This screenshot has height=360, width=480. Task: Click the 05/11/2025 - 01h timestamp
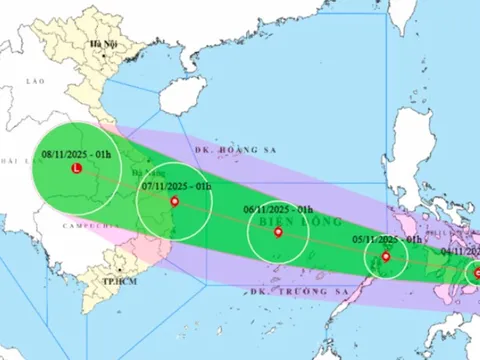[385, 240]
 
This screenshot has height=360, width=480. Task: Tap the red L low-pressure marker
[78, 170]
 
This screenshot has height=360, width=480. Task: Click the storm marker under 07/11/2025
[175, 202]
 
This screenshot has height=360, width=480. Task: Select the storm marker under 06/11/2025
[277, 233]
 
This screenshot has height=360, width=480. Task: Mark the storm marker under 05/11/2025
[385, 258]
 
